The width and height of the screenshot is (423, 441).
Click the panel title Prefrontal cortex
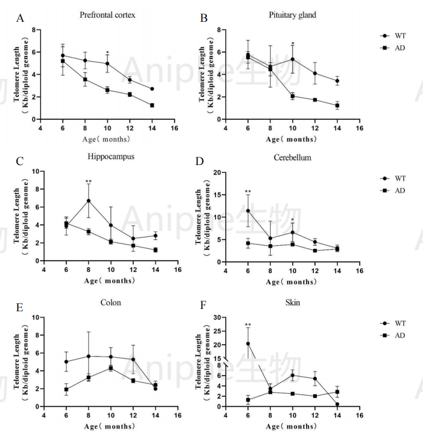107,15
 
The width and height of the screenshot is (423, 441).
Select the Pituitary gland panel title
291,15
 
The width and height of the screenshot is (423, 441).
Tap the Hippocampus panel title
110,158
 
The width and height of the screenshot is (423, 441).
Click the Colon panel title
110,302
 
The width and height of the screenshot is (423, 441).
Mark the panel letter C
20,162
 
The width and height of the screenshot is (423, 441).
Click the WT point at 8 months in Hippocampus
88,200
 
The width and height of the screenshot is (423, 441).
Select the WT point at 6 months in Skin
248,344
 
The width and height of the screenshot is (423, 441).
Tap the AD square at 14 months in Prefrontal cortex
152,105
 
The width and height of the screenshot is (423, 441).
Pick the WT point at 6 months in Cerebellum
248,210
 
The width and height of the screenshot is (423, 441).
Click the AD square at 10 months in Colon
110,368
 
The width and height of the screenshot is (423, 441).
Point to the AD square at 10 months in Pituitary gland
292,96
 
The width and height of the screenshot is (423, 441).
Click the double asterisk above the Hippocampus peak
88,182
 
